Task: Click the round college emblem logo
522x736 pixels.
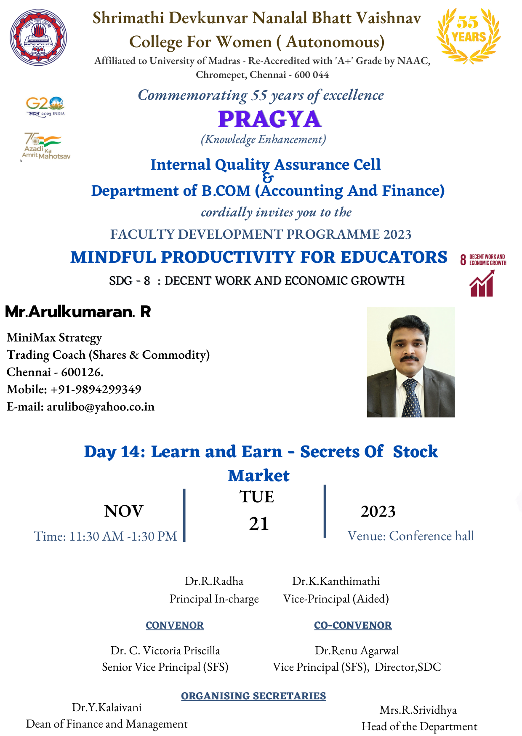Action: [38, 37]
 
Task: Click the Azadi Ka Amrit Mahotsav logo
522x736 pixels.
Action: [45, 146]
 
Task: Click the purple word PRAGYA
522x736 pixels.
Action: [270, 119]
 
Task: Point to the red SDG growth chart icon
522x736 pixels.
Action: [482, 283]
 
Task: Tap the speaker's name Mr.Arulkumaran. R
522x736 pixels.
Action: [78, 312]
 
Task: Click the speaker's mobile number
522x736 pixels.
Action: [96, 389]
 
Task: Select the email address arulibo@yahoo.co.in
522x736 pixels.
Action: [101, 407]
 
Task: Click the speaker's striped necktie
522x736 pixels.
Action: [411, 397]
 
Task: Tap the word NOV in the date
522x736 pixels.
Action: [124, 511]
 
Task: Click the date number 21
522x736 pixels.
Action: [259, 524]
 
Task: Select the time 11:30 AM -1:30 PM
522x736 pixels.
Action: [123, 536]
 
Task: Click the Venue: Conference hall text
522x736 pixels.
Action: [411, 536]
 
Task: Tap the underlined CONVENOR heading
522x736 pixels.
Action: [175, 626]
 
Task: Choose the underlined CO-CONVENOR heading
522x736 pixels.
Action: [353, 626]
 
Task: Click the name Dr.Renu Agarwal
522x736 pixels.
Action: [357, 651]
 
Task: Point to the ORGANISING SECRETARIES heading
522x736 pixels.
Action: [253, 696]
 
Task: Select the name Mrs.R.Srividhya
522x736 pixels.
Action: [418, 710]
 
